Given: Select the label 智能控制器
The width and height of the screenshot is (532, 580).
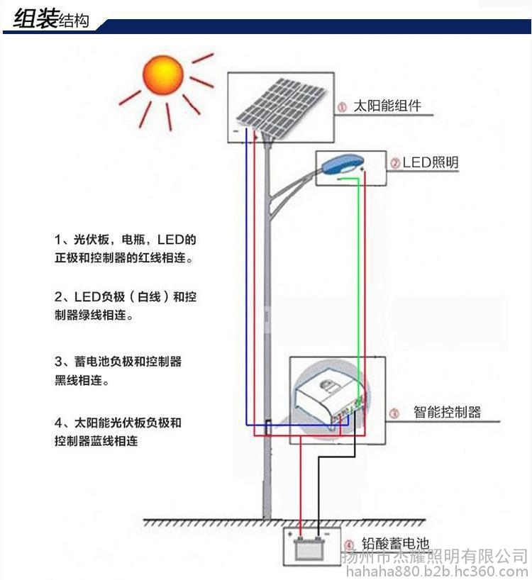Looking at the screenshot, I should click(x=447, y=413).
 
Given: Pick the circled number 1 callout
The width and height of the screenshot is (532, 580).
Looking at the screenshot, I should click(x=342, y=107).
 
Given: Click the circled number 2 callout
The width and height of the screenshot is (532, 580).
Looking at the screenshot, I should click(x=395, y=163).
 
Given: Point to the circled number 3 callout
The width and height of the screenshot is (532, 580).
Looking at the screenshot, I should click(x=394, y=413).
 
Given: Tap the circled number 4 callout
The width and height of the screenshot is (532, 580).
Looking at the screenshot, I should click(x=348, y=545).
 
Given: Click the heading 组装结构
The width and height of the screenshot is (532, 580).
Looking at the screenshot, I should click(x=51, y=19).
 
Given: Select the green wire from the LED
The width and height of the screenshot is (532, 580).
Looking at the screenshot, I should click(x=359, y=284).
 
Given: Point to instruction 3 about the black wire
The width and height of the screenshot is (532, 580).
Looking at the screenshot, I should click(x=118, y=371).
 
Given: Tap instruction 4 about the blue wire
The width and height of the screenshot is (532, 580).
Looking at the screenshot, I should click(x=118, y=432).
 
